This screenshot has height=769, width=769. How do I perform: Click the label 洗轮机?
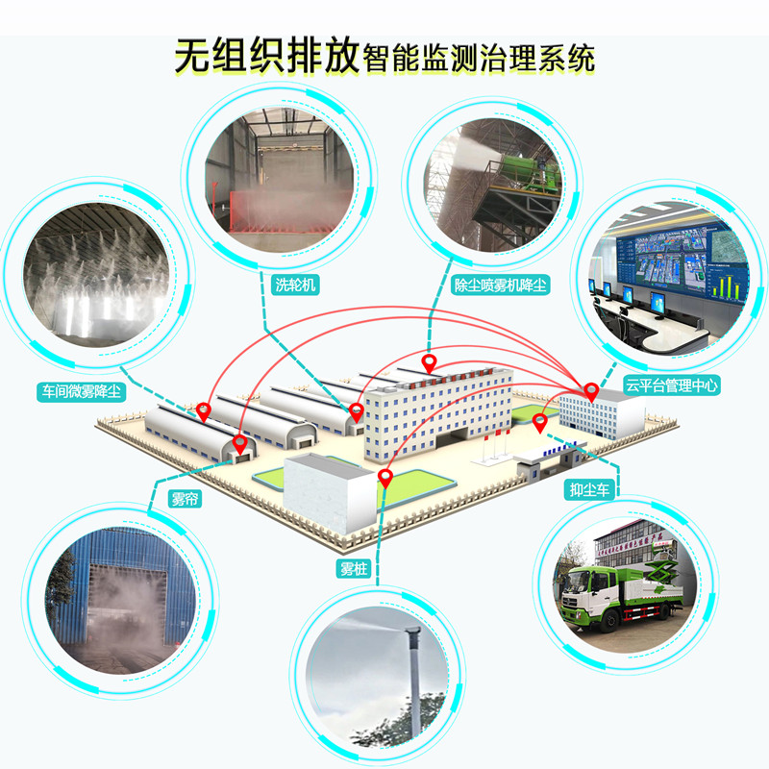pos(295,285)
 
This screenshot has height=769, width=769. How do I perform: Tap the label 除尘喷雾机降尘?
pos(500,285)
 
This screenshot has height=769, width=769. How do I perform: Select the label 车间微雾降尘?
pos(82,392)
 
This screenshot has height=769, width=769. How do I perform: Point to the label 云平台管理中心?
pos(671,385)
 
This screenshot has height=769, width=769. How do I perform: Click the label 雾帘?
pos(185,499)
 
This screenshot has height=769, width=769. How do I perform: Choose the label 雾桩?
pos(354,568)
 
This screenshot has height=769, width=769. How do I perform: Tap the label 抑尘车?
pos(589,489)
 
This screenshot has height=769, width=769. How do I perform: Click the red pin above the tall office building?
pos(430,364)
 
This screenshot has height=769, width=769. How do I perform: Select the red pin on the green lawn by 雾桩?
pos(386,478)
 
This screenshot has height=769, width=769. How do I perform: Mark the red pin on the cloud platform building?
pos(591,392)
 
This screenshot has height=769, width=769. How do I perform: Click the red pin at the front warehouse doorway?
pos(239,444)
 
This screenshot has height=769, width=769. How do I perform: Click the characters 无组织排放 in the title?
pos(268,56)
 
